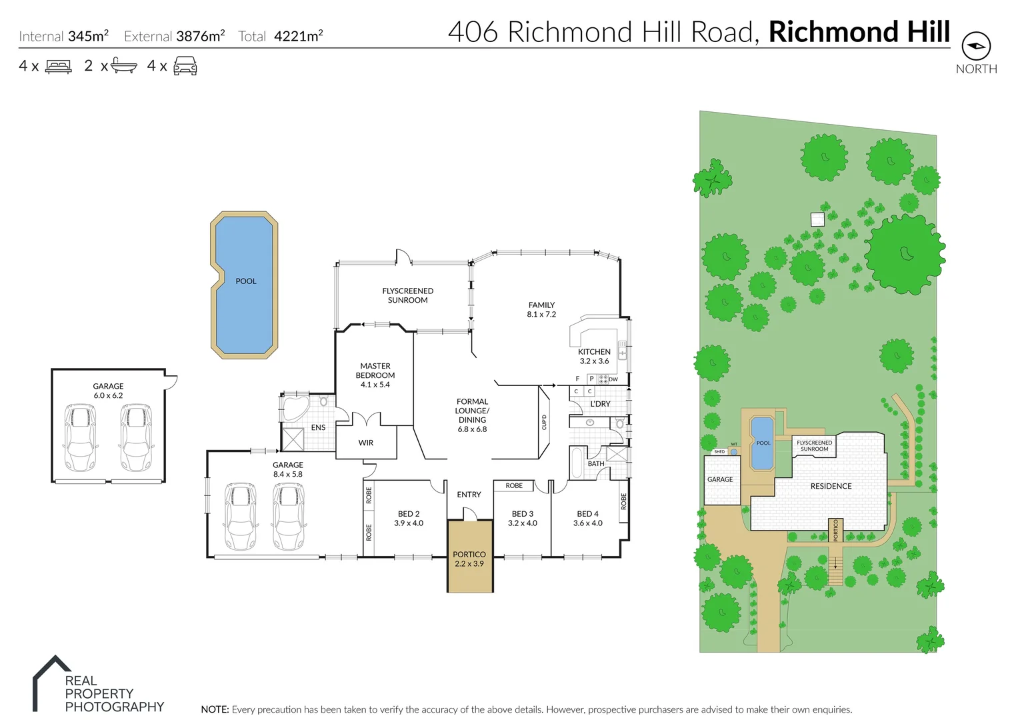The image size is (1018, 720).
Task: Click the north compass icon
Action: pos(976,46)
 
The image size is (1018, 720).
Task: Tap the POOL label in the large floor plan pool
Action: pos(246,281)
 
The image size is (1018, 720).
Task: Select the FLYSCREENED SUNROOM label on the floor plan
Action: pos(407,295)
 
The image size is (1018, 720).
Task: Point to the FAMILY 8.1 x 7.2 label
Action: pos(541,309)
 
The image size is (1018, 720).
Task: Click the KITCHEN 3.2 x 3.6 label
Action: pos(594,356)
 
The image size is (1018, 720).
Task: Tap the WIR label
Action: pos(366,443)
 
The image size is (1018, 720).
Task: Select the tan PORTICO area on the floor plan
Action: pos(469,559)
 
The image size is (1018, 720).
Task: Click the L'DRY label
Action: pos(600,404)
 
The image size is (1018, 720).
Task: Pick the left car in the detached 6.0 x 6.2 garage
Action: pos(80,437)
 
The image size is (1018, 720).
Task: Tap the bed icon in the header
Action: pos(58,67)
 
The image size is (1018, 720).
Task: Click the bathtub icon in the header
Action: pos(124,66)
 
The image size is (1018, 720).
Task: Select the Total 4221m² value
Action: pos(298,37)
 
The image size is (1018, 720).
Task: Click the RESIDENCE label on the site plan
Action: pos(831,486)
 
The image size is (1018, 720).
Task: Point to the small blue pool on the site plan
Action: pos(763,443)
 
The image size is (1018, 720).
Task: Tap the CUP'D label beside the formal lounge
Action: pos(544,422)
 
